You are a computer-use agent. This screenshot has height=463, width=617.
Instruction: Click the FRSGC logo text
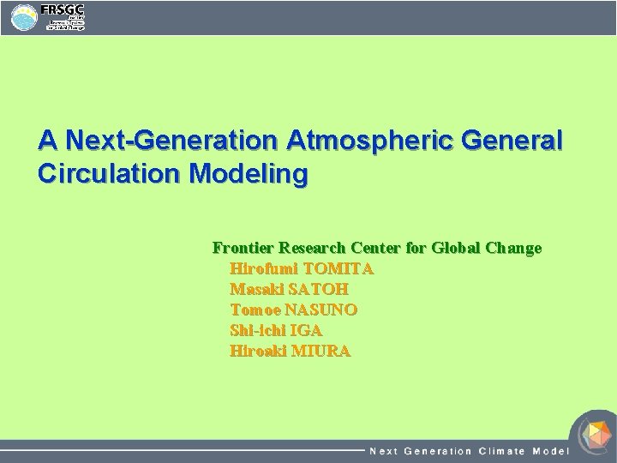point(62,9)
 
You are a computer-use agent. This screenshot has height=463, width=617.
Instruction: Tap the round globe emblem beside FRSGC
point(24,18)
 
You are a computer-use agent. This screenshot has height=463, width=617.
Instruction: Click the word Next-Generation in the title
point(171,140)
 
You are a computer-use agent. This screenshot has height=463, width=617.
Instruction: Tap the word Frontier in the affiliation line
point(242,249)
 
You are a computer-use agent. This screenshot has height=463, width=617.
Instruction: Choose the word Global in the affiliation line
point(456,249)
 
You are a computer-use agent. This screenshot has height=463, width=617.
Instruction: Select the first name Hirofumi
point(264,269)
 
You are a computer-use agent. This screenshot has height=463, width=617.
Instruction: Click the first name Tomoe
point(255,310)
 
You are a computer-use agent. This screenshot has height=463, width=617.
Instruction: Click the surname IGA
point(306,331)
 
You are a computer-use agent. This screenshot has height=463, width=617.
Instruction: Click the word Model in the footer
point(550,451)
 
